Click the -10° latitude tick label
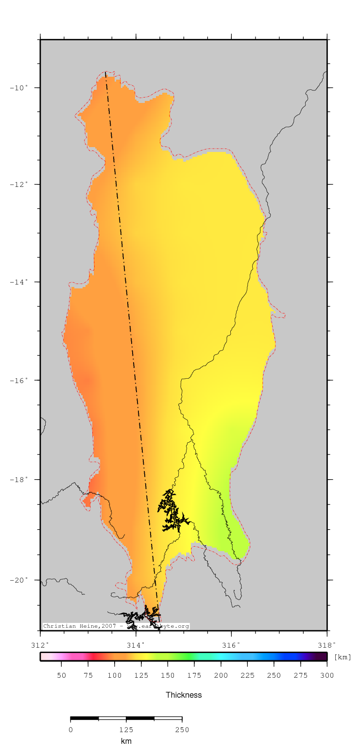coord(19,87)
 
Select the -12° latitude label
coord(19,184)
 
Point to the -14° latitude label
coord(19,282)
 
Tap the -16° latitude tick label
coord(19,380)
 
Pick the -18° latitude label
coord(19,479)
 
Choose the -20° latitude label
coord(19,580)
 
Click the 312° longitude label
coord(40,645)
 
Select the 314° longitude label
coord(136,645)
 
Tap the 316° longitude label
coord(231,645)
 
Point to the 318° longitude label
coord(327,645)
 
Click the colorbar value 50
coord(62,675)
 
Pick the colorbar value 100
coord(115,675)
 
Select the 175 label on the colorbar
coord(194,675)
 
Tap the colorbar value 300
coord(327,675)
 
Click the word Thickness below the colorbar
coord(184,695)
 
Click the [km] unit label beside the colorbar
coord(343,657)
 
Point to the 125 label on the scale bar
coord(126,730)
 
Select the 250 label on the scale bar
coord(182,730)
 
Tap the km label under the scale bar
coord(126,741)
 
